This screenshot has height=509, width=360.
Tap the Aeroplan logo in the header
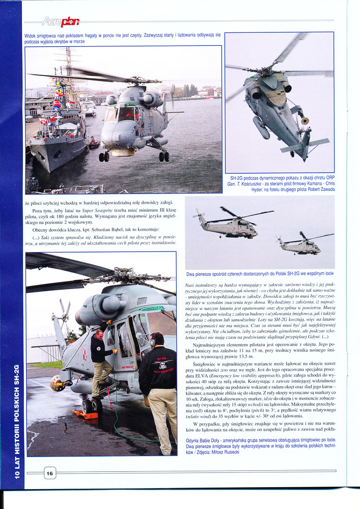coord(62,21)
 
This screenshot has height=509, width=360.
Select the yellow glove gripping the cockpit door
coord(115,351)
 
